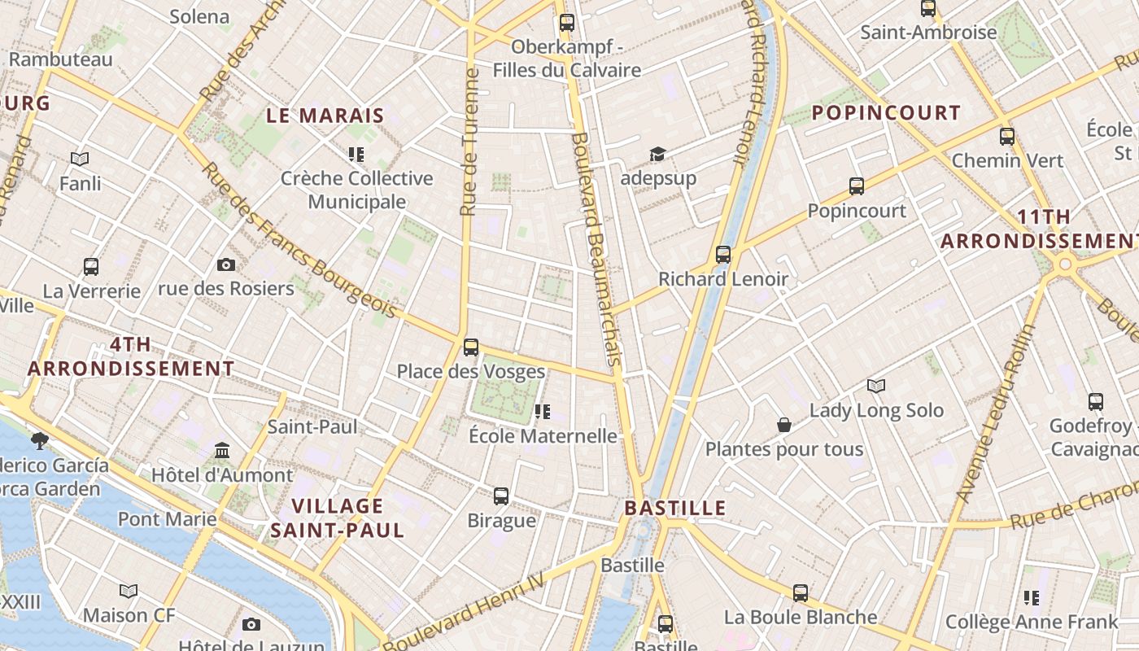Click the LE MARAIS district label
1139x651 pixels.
pos(325,116)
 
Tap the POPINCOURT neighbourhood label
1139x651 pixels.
pos(886,113)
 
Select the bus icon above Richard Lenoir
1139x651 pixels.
pos(723,255)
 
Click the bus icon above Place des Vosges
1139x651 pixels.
pos(470,347)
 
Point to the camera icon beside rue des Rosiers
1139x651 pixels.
pos(226,264)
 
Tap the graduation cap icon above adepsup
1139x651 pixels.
pos(657,154)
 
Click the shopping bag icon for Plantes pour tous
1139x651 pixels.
pos(784,425)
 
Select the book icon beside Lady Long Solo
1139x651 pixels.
pos(875,386)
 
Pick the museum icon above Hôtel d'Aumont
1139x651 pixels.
pos(222,450)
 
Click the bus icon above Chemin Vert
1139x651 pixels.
pos(1007,137)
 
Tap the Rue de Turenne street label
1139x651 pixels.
pos(469,142)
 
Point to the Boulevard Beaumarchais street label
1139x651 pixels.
pos(596,248)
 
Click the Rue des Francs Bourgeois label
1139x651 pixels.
pos(299,241)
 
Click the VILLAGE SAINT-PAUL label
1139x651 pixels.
pos(337,518)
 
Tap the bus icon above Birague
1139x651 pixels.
pos(501,496)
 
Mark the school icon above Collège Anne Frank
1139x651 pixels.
pos(1032,598)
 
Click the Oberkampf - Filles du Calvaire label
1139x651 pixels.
pos(566,59)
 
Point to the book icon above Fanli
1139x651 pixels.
pos(80,159)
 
